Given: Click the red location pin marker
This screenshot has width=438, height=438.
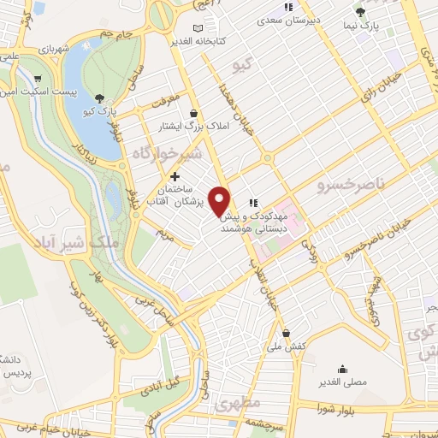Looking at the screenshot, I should [x=221, y=199].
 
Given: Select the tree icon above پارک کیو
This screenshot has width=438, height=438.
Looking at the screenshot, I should [x=102, y=98].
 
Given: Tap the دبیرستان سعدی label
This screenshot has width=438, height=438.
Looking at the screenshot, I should [x=314, y=18].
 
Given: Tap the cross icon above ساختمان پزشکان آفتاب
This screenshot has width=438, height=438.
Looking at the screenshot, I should [x=175, y=176].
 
